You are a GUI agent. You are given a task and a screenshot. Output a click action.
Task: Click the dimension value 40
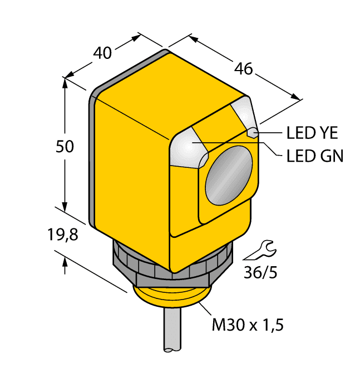[102, 53]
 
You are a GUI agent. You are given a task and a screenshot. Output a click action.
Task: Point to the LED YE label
[312, 133]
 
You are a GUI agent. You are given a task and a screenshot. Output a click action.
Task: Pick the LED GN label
[314, 156]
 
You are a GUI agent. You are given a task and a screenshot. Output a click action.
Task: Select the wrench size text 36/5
[260, 273]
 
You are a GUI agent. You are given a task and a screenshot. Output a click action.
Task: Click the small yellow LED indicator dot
[252, 133]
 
